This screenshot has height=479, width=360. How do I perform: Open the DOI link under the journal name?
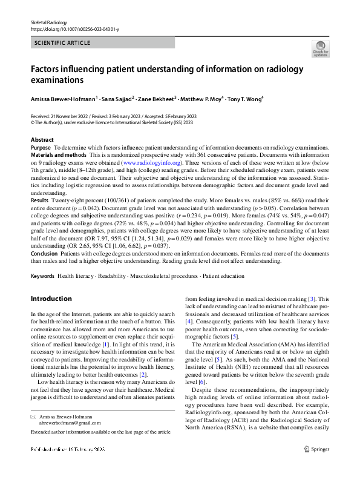click(x=68, y=28)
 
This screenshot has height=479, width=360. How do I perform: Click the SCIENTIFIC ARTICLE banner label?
click(x=63, y=43)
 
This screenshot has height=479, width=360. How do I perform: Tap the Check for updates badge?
click(x=320, y=49)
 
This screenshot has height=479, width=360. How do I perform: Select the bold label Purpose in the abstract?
click(x=41, y=148)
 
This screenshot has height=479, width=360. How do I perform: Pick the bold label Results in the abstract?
click(x=39, y=199)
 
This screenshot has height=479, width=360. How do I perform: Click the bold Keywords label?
click(x=42, y=293)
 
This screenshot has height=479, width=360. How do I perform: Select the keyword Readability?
click(x=110, y=293)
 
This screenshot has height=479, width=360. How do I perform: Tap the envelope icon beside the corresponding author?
click(x=33, y=435)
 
